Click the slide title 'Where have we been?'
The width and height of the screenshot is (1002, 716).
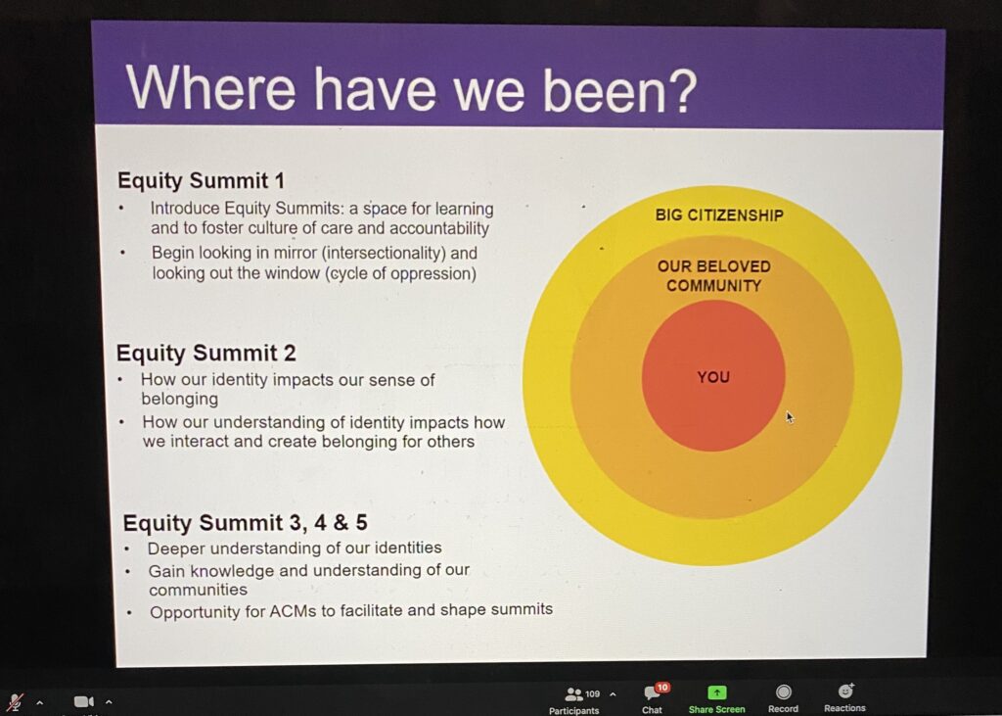(411, 89)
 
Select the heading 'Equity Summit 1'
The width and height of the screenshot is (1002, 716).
(201, 180)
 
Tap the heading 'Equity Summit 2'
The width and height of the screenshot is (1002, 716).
(205, 353)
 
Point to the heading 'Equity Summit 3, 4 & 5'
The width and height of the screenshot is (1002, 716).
(246, 523)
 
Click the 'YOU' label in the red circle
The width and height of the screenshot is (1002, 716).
(713, 377)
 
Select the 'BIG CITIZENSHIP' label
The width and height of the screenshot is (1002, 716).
(719, 215)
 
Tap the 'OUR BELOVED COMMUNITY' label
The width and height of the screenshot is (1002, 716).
(713, 276)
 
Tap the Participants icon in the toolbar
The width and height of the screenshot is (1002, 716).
(573, 694)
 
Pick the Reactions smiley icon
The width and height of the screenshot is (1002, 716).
(845, 692)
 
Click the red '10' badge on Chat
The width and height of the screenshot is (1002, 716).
(662, 688)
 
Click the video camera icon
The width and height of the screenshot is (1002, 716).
(84, 702)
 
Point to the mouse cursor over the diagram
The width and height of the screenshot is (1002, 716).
(790, 417)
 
